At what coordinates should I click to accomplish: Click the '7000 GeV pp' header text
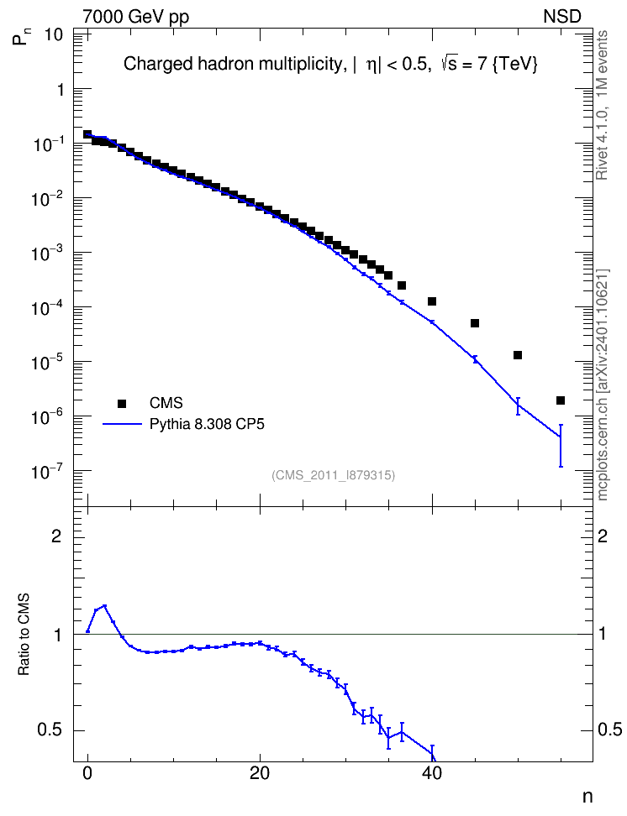click(x=135, y=17)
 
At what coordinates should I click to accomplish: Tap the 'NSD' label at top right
click(x=561, y=17)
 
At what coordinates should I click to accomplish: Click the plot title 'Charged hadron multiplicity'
click(x=234, y=64)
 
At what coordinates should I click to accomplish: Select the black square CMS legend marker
click(x=122, y=403)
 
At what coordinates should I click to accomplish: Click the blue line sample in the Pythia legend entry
click(x=122, y=424)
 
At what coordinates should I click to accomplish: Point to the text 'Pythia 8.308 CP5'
click(x=207, y=425)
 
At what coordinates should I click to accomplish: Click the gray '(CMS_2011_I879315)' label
click(x=333, y=475)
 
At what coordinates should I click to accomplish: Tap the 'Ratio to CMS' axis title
click(x=24, y=635)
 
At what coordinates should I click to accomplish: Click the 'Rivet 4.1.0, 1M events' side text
click(x=602, y=105)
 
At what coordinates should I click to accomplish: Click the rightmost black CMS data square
click(x=561, y=400)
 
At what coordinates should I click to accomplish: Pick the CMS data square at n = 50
click(x=518, y=355)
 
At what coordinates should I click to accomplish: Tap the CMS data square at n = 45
click(x=475, y=323)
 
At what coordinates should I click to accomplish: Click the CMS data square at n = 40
click(x=431, y=301)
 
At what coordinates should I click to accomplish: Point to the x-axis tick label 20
click(x=260, y=773)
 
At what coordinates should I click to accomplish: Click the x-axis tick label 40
click(x=432, y=773)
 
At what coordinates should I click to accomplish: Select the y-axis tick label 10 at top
click(x=54, y=35)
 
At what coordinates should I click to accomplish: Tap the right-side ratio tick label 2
click(x=603, y=536)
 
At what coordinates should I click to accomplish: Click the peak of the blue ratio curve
click(x=105, y=606)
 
